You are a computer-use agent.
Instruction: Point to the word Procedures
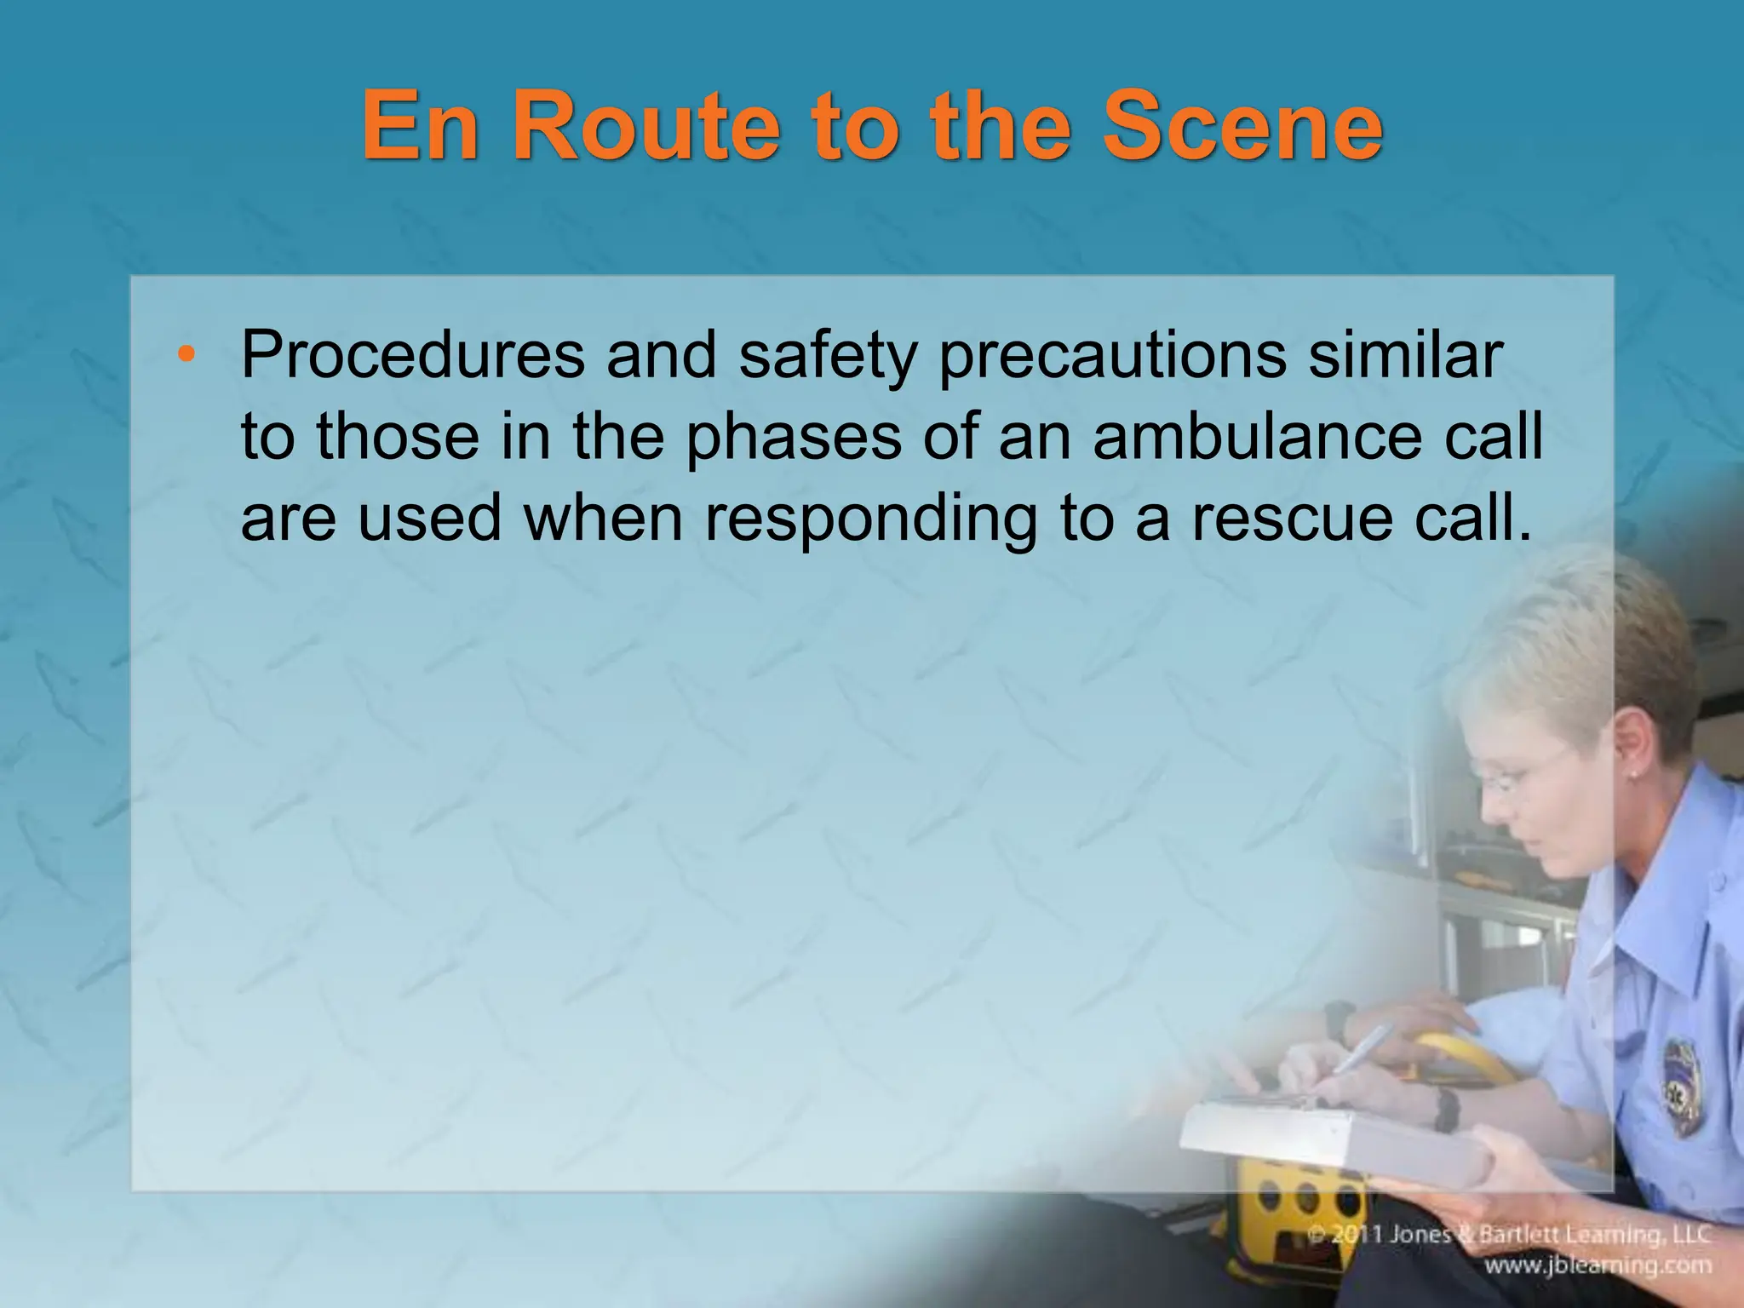[x=412, y=356]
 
